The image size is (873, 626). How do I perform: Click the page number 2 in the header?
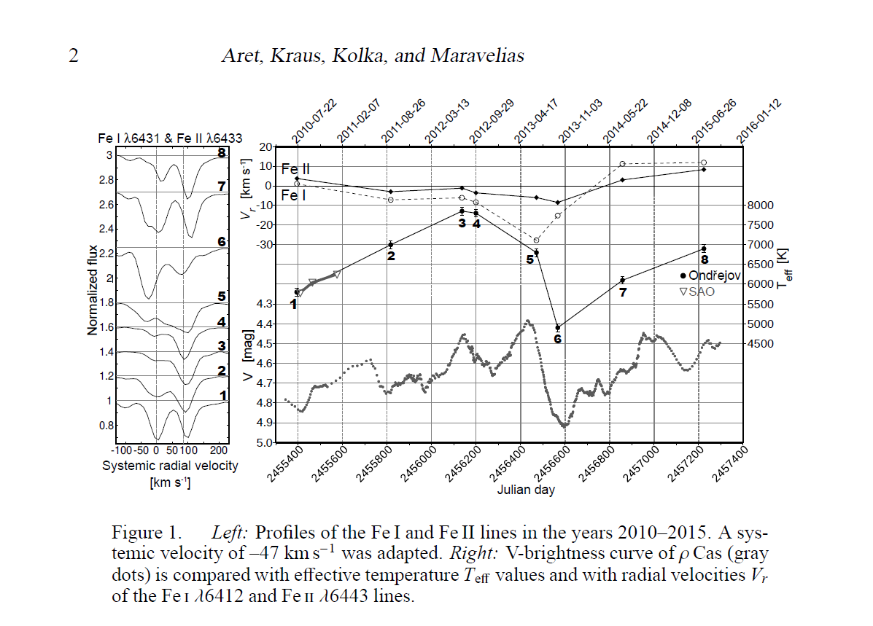tap(73, 56)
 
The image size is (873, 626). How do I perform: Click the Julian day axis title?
tap(526, 490)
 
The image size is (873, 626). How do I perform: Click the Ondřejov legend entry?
tap(710, 275)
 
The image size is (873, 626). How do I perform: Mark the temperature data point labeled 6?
tap(557, 327)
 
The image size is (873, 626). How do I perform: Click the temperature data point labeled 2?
tap(391, 244)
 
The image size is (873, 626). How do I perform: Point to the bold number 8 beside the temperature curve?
tap(705, 259)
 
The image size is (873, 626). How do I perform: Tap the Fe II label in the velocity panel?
tap(296, 169)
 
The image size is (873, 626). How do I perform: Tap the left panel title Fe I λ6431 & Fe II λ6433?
tap(171, 138)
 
